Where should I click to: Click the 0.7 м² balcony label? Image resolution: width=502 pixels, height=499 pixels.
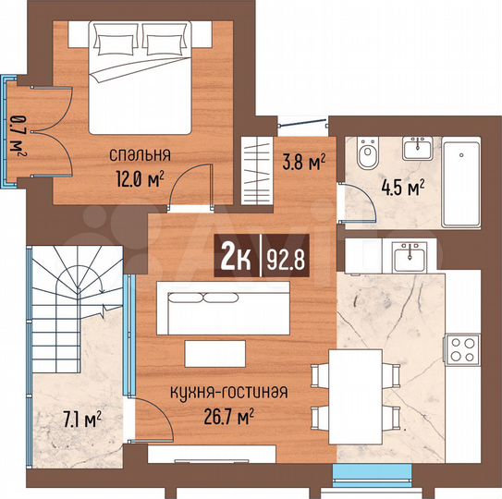(x=16, y=133)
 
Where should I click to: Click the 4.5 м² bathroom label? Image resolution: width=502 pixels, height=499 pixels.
(x=402, y=188)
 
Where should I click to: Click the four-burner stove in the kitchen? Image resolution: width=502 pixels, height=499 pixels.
(x=461, y=348)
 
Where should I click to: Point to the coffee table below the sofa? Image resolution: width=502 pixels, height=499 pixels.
(x=214, y=353)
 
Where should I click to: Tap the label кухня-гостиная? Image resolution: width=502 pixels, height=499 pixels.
(x=228, y=392)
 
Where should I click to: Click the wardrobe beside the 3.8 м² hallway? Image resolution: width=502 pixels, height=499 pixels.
(x=253, y=170)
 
